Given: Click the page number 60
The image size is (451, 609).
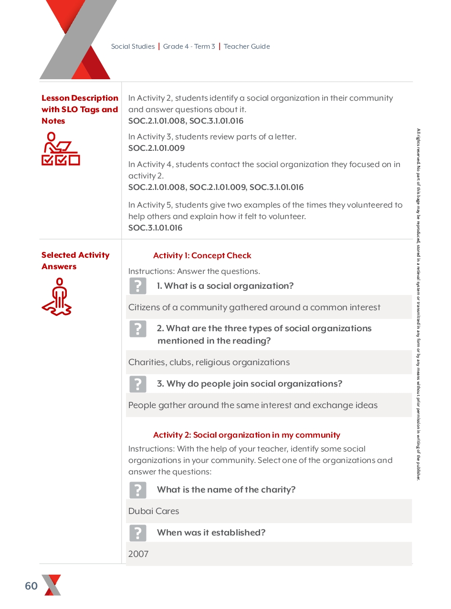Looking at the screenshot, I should pos(31,586).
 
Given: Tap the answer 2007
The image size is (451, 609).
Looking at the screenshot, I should pos(138,554).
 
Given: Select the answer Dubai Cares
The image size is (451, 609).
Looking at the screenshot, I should pos(154,511).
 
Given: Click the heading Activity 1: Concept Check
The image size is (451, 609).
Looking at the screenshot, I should pos(202,256).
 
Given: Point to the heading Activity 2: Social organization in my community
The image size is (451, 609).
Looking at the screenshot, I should pos(246,435).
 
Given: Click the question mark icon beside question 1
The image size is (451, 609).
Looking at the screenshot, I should pos(138,286).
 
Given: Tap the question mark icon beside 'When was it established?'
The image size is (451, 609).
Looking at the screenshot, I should pos(138,533).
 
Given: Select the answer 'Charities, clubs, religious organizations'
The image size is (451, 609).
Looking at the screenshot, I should pos(209,362).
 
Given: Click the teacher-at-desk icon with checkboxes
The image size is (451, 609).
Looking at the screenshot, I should pos(61,149).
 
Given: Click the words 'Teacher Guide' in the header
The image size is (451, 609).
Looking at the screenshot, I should pos(247,47).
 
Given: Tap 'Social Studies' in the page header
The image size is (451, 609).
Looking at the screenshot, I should pos(133,47).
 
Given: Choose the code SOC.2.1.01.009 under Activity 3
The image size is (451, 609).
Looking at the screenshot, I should pos(157,148).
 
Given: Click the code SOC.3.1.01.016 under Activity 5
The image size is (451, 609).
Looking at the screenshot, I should pos(155,228).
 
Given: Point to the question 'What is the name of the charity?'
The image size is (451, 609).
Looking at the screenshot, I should pos(226,490).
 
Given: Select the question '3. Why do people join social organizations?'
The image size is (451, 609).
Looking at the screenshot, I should pos(249,384).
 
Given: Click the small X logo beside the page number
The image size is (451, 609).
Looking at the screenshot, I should pos(52,585).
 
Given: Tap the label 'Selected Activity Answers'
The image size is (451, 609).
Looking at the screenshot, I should pos(75,261).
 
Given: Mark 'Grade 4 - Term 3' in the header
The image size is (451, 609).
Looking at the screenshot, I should pos(189,47).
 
